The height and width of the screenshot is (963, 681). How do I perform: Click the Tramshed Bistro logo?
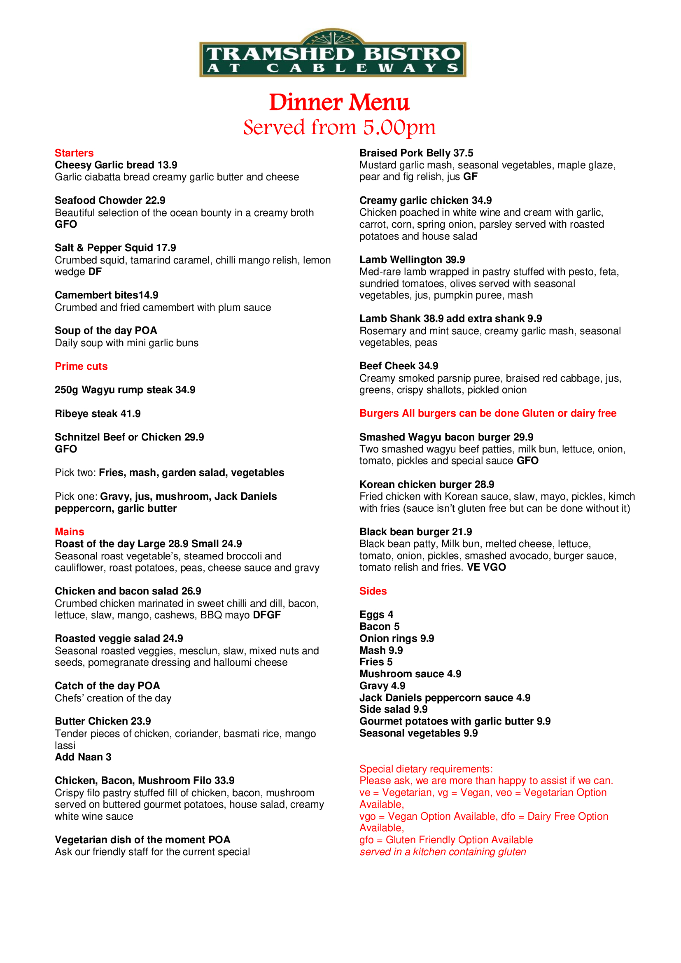click(x=333, y=54)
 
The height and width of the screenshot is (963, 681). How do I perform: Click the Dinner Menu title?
click(x=339, y=103)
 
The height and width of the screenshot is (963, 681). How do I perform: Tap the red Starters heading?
click(x=74, y=153)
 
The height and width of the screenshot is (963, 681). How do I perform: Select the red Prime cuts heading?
click(x=81, y=366)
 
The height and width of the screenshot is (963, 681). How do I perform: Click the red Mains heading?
click(x=70, y=532)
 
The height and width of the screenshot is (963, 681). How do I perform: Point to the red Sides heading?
click(x=373, y=591)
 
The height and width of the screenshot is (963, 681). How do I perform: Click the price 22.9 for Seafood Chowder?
click(x=155, y=201)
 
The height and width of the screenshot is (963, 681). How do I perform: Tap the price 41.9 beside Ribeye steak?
click(x=131, y=413)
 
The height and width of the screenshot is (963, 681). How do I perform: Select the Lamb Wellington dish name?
click(x=401, y=260)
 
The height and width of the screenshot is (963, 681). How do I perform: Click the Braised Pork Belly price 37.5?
click(x=463, y=153)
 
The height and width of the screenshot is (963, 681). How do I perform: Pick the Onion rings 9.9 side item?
click(x=396, y=639)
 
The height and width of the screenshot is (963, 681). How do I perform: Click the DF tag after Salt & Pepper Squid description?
click(x=95, y=272)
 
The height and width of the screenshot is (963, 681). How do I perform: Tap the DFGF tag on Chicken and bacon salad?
click(x=267, y=615)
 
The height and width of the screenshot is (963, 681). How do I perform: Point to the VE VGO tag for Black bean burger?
click(x=486, y=567)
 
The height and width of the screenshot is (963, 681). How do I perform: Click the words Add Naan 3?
click(x=83, y=757)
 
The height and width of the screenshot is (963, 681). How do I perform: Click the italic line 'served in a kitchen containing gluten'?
click(x=442, y=852)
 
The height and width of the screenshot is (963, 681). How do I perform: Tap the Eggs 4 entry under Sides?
click(x=376, y=614)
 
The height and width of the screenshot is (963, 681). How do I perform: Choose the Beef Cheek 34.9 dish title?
click(x=399, y=366)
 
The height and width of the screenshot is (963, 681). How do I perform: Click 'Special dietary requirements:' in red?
click(x=426, y=769)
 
